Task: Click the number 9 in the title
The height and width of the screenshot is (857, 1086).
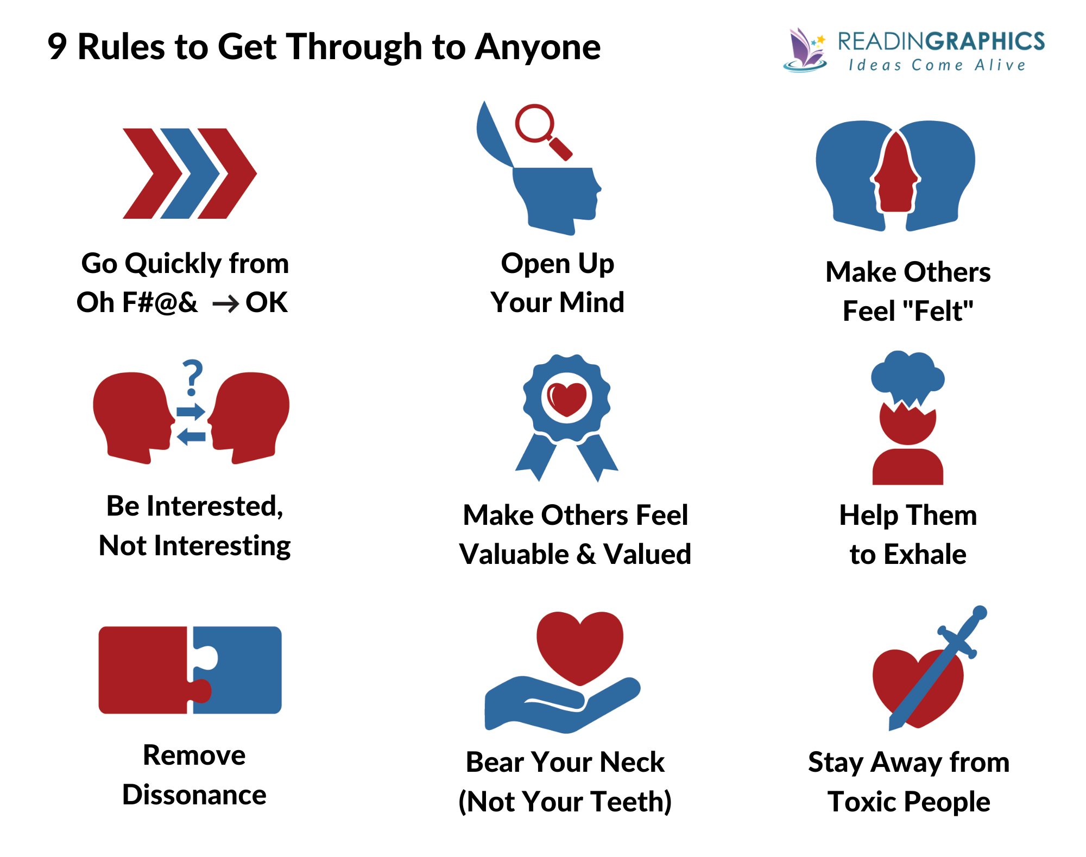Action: point(57,47)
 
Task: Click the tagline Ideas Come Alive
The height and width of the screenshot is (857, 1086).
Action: point(937,66)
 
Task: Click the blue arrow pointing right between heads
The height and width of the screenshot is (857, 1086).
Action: point(191,411)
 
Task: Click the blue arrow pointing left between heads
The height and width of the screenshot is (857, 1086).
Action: point(191,436)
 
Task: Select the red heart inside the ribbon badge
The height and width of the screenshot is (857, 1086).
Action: point(567,399)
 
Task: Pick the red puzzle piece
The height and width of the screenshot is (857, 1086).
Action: point(147,670)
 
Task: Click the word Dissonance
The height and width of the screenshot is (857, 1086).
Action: point(194,795)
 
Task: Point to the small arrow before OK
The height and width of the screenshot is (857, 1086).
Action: point(225,304)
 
